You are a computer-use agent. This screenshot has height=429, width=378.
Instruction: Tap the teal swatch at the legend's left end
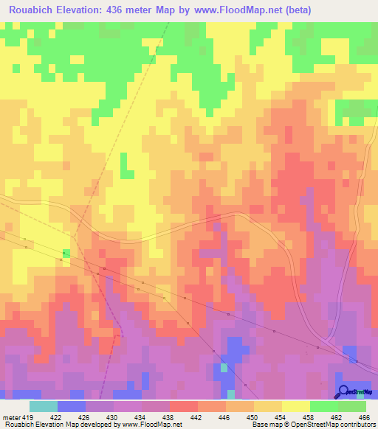(44, 406)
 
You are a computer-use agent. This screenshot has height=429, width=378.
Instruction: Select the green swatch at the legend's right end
(351, 406)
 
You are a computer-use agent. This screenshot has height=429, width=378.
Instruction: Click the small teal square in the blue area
(224, 367)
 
